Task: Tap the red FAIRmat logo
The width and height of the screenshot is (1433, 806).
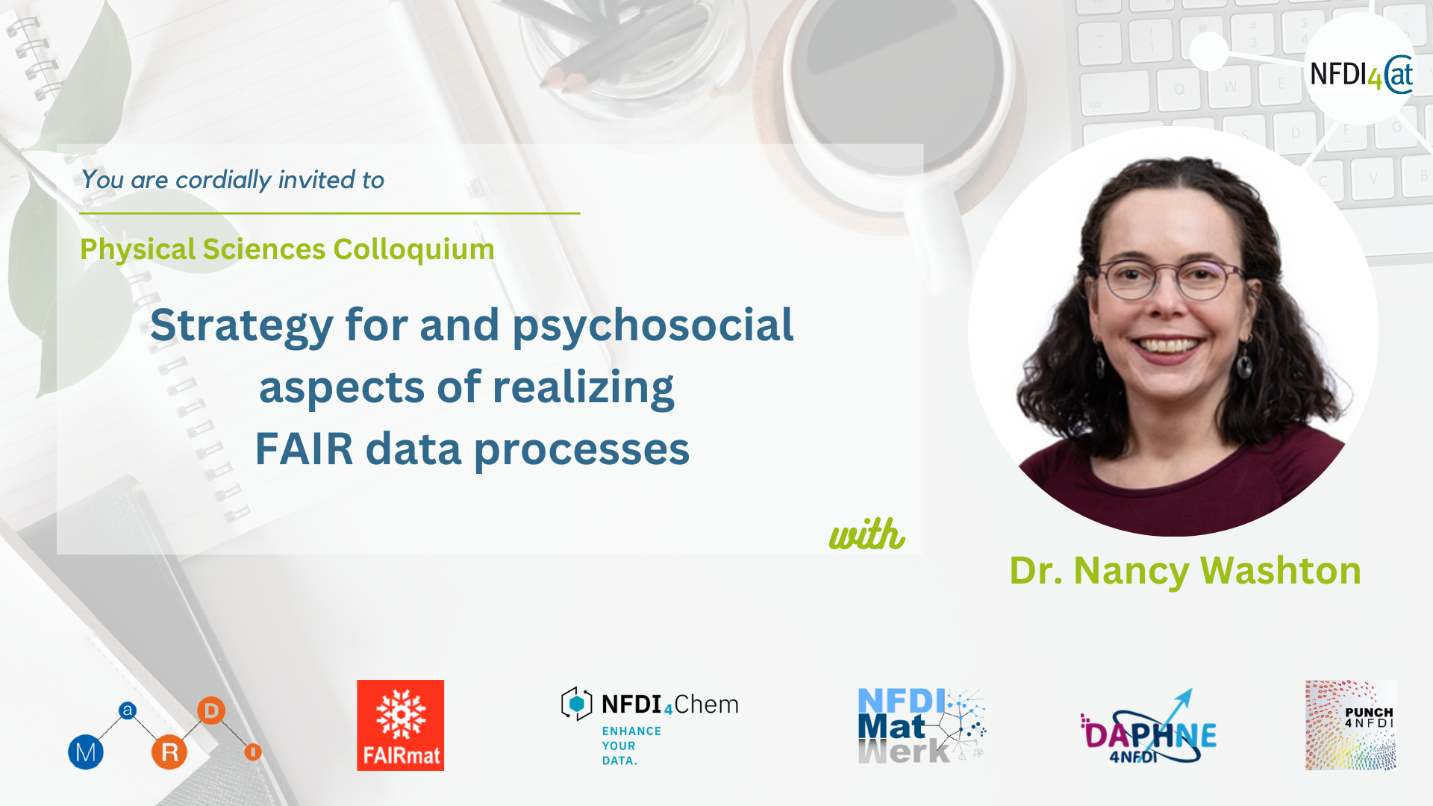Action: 400,725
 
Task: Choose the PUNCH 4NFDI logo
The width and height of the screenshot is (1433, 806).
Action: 1351,725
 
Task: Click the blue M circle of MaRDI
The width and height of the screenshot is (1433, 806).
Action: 86,752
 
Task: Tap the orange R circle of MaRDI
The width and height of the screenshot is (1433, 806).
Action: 169,752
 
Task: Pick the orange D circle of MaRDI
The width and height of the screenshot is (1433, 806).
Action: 211,710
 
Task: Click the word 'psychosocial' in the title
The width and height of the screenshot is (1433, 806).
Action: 653,326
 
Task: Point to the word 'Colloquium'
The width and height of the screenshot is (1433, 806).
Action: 413,249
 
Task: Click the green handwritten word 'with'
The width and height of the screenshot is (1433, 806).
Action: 867,534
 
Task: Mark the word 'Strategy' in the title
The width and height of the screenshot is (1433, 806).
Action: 242,326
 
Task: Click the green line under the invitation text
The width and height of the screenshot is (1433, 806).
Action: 330,213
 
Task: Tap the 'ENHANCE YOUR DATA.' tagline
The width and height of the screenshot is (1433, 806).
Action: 631,746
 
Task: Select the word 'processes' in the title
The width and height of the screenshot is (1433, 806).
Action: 581,450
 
